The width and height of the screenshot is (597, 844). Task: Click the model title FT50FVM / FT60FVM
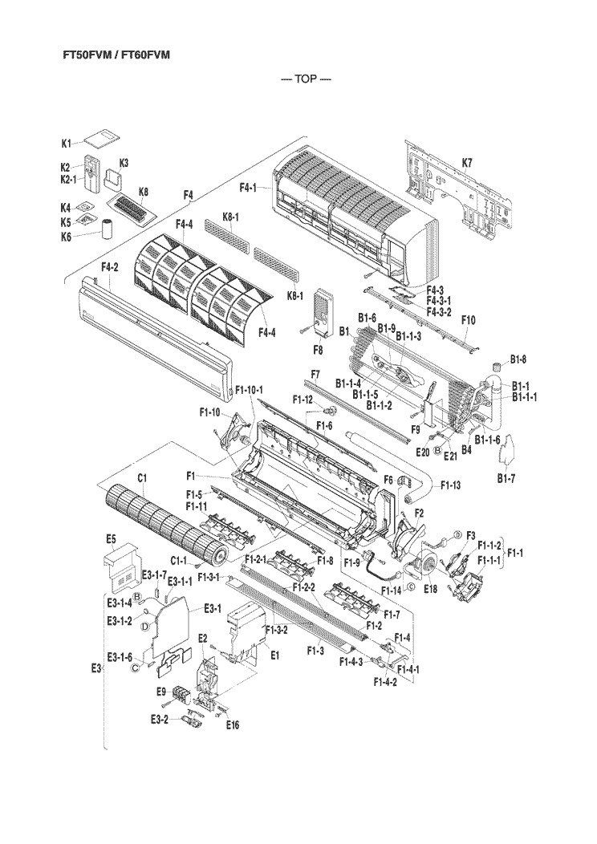click(x=116, y=55)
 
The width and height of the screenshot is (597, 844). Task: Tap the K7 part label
click(x=467, y=164)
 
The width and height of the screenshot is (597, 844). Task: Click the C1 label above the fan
click(x=140, y=479)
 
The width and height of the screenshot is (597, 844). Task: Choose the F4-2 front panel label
click(x=110, y=266)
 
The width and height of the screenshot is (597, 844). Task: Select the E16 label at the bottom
click(x=232, y=724)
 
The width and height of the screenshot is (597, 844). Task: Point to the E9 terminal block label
click(x=160, y=692)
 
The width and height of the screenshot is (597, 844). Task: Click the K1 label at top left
click(x=67, y=143)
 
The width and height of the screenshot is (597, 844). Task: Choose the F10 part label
click(x=469, y=320)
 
